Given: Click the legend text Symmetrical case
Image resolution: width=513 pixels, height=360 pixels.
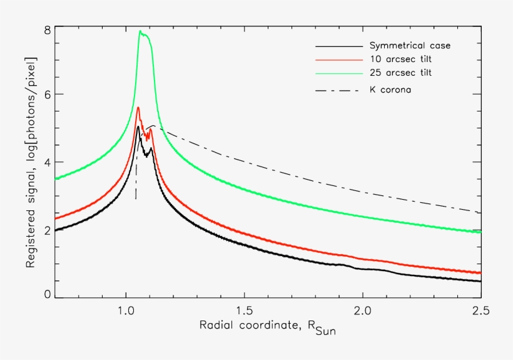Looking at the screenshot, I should pyautogui.click(x=410, y=46).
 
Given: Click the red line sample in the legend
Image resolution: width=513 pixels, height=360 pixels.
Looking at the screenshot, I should pyautogui.click(x=339, y=59).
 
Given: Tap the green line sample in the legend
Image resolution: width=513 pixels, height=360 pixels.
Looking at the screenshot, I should pyautogui.click(x=339, y=73).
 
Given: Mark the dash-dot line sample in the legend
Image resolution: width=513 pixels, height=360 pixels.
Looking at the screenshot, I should pyautogui.click(x=339, y=90).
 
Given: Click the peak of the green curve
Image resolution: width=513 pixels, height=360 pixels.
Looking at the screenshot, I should pyautogui.click(x=140, y=31).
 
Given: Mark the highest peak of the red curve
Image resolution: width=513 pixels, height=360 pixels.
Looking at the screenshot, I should pyautogui.click(x=138, y=108).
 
